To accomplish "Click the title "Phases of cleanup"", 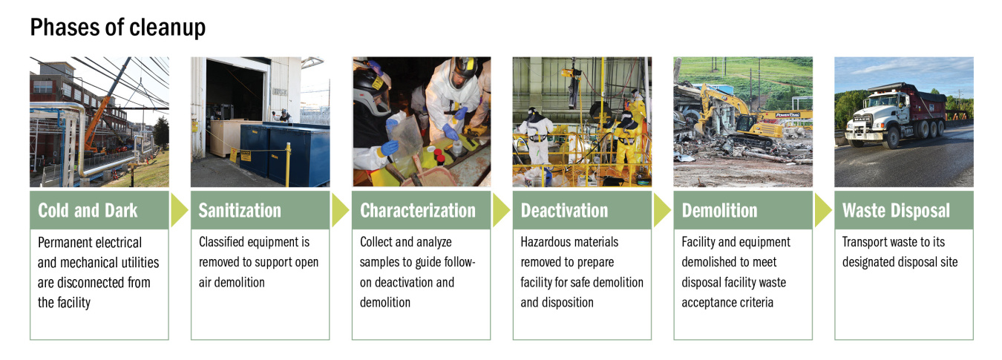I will point(117,28).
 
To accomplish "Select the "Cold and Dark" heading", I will point(88,211).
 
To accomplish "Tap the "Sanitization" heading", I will point(240,211).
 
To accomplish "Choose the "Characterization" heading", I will point(418,211).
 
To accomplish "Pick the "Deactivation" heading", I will point(564,211).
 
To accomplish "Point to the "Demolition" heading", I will point(720,211).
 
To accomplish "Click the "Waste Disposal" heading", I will point(896,211).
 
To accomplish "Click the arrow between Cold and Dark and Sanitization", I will point(179,211).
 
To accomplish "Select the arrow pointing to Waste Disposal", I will point(823,211).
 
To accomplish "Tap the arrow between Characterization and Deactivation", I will point(501,211).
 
